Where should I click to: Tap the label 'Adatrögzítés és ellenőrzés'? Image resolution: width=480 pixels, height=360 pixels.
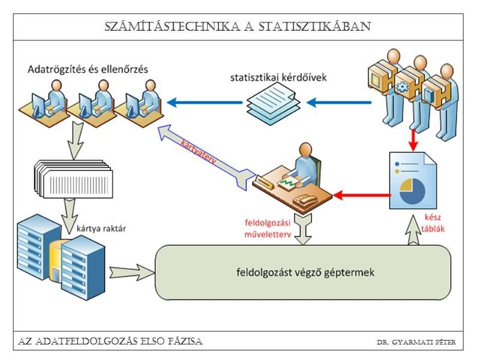[87, 70]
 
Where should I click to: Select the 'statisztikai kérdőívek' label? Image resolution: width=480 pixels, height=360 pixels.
[274, 77]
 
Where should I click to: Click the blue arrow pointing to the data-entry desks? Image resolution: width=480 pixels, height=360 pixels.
[204, 103]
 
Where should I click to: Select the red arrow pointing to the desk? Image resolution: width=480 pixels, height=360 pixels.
[360, 194]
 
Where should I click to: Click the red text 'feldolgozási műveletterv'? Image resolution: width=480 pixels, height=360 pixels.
[268, 229]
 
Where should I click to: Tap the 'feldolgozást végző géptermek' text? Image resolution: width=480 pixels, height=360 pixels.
[305, 272]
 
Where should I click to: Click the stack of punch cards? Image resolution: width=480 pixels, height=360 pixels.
[72, 177]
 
